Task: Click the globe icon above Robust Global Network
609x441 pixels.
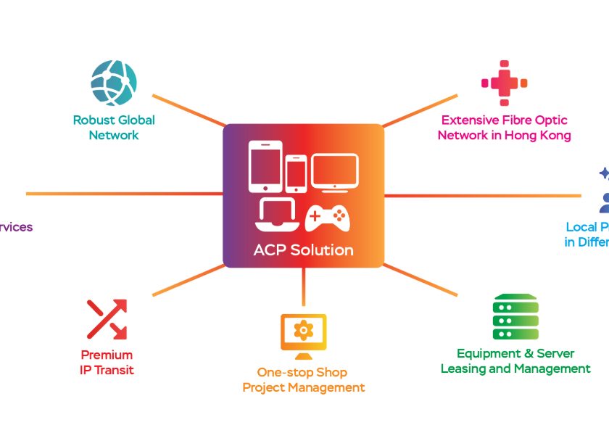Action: [114, 83]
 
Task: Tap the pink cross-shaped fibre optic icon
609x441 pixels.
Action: [504, 83]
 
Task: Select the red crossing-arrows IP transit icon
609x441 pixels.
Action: [107, 319]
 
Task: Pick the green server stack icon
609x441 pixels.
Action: [515, 317]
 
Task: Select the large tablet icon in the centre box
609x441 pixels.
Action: [265, 166]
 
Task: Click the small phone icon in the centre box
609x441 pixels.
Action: [296, 174]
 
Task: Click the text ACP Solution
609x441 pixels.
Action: [303, 251]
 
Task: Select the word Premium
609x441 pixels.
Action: [107, 355]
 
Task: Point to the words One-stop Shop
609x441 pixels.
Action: [302, 372]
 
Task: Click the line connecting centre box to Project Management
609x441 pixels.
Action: [303, 287]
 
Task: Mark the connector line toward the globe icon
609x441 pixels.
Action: [189, 110]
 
